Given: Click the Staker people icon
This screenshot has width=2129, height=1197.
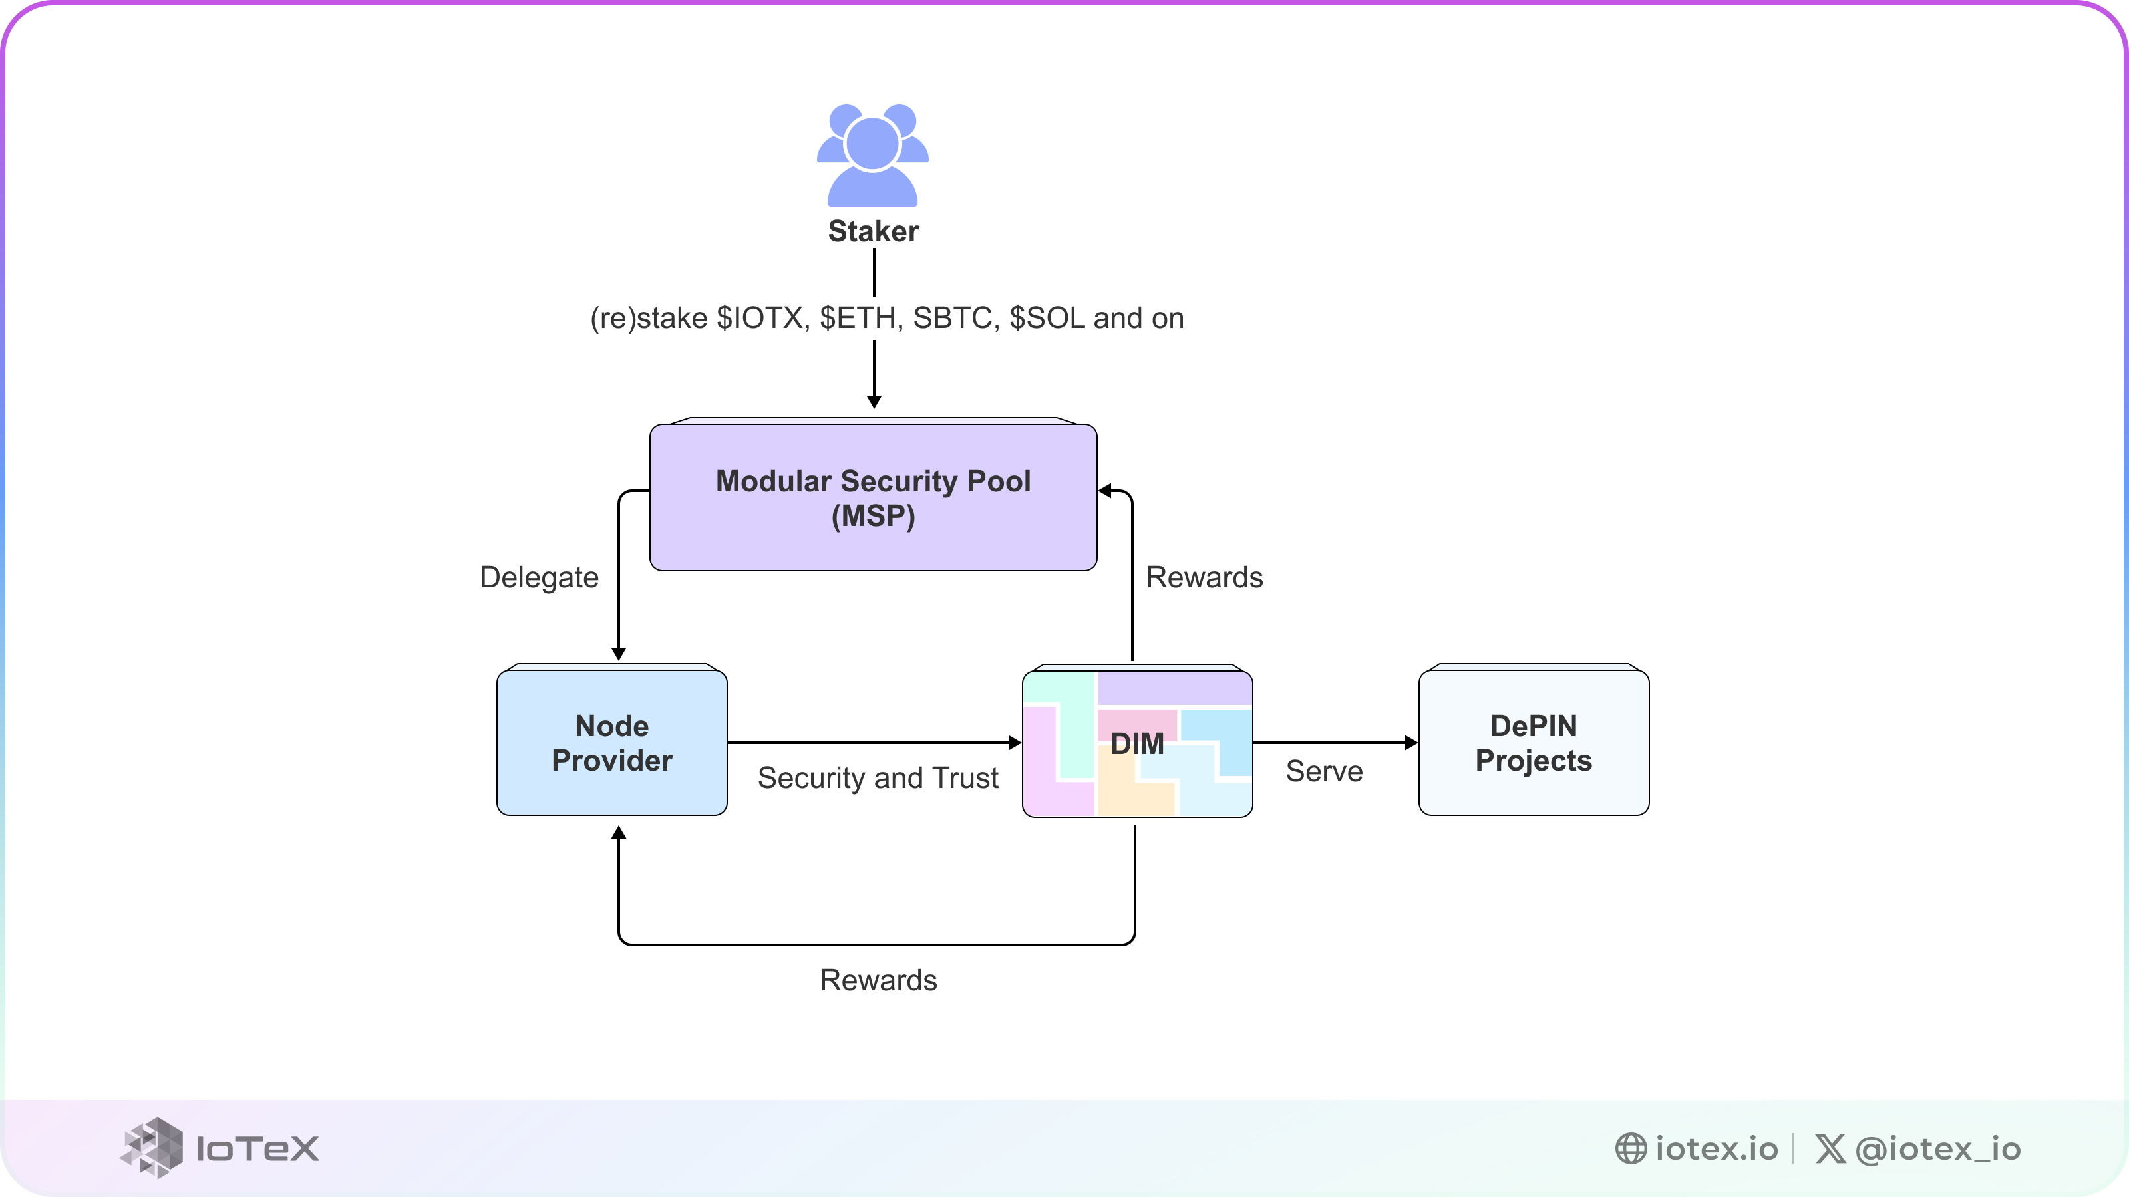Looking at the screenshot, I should (873, 156).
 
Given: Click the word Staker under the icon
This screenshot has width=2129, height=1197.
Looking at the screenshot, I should (873, 231).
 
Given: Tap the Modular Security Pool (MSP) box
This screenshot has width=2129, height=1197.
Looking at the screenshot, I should (873, 497).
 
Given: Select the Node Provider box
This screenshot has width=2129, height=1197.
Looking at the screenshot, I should (611, 743).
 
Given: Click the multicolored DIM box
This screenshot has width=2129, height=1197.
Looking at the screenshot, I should (1137, 743).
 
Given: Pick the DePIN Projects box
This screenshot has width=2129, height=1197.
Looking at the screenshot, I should (1533, 743).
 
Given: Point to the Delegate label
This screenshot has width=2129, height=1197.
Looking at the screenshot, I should (539, 577).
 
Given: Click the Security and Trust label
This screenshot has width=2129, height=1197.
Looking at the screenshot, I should (878, 777).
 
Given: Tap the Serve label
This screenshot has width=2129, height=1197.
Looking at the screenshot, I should (1324, 771).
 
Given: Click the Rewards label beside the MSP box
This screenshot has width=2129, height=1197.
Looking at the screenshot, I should (1204, 577).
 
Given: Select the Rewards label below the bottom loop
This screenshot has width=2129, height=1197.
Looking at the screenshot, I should (878, 980).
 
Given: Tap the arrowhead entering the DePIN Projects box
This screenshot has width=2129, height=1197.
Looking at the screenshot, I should (1410, 743).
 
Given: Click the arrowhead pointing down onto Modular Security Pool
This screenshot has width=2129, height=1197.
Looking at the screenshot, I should (874, 402).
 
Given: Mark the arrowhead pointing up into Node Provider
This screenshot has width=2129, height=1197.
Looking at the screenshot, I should (618, 833).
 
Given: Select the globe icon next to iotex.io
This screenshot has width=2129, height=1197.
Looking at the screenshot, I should (1631, 1148).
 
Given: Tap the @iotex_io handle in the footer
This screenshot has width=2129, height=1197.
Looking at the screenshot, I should (1937, 1149).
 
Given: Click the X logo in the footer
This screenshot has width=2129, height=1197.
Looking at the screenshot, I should (1830, 1148).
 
